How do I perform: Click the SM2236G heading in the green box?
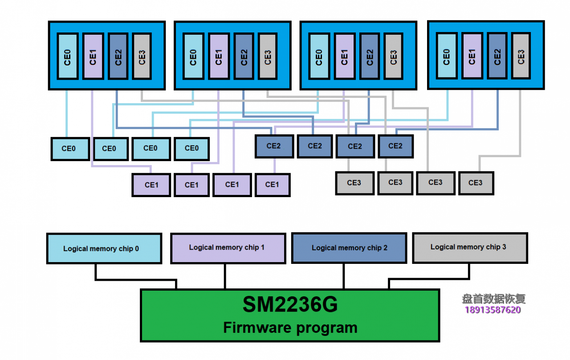click(290, 305)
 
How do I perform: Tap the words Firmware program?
click(290, 328)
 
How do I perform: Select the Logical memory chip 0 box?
click(104, 248)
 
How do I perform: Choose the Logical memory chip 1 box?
click(228, 247)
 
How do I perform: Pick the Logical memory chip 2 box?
click(349, 247)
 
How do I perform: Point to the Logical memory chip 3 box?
click(470, 247)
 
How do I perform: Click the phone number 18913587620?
click(493, 310)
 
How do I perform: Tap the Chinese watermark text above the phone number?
click(493, 299)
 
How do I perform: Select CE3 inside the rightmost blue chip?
click(521, 56)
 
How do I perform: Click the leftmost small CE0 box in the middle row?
click(69, 148)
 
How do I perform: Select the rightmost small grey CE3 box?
click(476, 182)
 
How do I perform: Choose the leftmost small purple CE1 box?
click(151, 185)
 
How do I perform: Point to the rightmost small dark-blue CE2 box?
click(395, 146)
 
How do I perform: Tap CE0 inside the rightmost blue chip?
click(447, 56)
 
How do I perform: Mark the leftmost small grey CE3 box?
click(354, 182)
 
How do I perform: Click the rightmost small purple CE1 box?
click(272, 185)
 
